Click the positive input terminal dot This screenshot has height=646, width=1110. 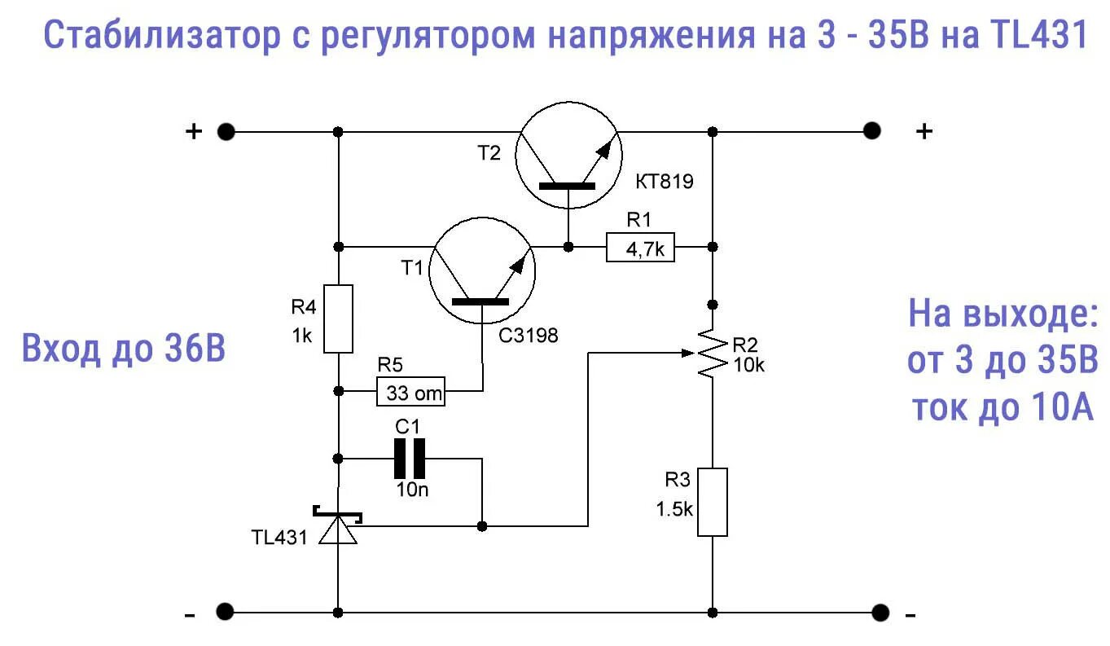click(x=226, y=131)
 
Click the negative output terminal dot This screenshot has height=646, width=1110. click(x=879, y=612)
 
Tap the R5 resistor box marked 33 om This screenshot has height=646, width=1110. click(x=411, y=393)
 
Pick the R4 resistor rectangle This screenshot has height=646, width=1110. click(x=338, y=319)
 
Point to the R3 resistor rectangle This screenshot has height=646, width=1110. click(x=713, y=502)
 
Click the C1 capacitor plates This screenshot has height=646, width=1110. click(x=410, y=459)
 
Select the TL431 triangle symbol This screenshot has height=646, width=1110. click(x=337, y=530)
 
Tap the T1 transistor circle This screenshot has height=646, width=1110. click(x=482, y=271)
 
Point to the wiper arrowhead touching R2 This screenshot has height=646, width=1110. click(x=692, y=353)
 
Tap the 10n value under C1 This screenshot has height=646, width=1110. click(x=410, y=490)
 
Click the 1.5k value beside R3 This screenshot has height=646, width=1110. click(x=674, y=510)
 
